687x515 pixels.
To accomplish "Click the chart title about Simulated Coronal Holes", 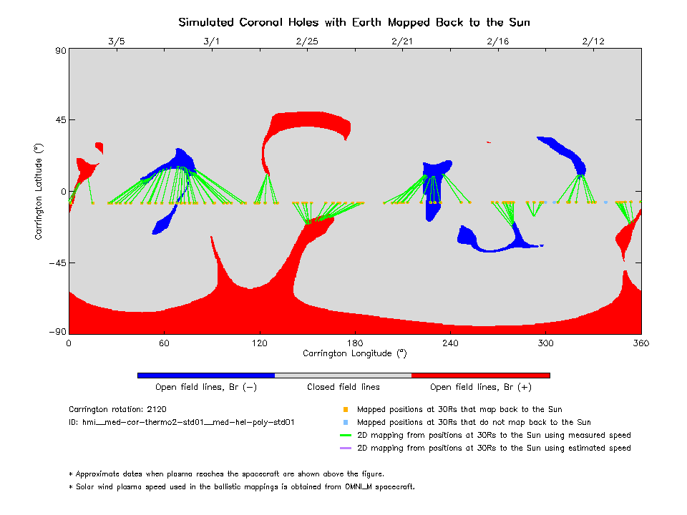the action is (354, 22).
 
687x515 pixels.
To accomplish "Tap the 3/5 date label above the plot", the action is (117, 41).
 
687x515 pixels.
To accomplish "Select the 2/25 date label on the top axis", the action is (307, 41).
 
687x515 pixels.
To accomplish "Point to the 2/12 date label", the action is (593, 41).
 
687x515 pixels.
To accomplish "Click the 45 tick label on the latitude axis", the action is (61, 120).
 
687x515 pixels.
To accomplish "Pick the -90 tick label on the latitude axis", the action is (58, 331).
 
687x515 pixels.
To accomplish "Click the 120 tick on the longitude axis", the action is (259, 343).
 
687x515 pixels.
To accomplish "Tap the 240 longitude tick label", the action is (450, 343).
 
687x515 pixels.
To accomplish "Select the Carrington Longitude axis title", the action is (355, 353).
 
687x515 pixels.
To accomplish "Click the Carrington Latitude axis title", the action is (39, 192).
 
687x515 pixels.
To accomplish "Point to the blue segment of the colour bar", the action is (206, 376).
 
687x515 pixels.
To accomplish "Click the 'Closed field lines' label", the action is (343, 387).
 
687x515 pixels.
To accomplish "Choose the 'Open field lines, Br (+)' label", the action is (481, 387).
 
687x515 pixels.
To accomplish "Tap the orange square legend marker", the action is (346, 410).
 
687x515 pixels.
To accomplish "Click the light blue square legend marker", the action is (346, 423).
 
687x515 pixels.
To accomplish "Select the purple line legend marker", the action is (346, 448).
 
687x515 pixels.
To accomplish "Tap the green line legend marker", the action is (346, 436).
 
